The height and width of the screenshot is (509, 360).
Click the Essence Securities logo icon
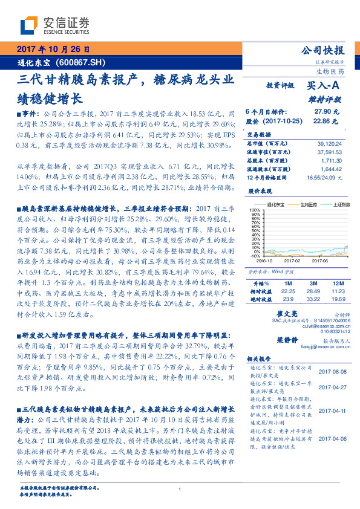[x=30, y=26]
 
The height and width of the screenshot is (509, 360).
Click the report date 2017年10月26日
[x=53, y=50]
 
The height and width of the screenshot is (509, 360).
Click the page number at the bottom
[x=180, y=489]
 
